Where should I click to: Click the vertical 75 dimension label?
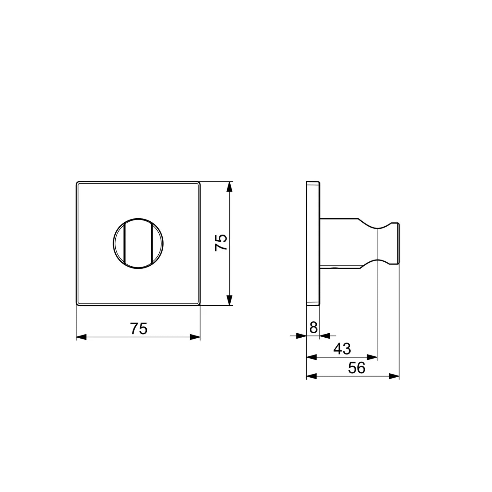(221, 242)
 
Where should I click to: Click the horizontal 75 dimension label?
(139, 328)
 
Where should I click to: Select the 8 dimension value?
(313, 328)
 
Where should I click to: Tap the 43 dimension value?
(342, 349)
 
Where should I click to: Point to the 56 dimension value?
(356, 367)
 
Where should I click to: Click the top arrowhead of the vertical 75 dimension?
(229, 187)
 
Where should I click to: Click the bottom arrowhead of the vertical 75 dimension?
(229, 300)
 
